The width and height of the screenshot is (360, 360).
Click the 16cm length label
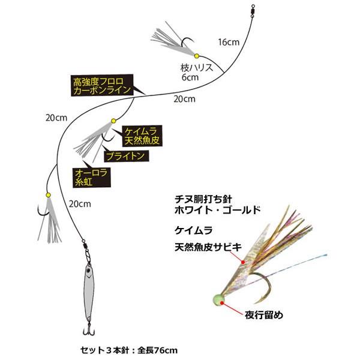tap(228, 42)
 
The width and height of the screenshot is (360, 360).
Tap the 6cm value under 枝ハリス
tap(190, 77)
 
